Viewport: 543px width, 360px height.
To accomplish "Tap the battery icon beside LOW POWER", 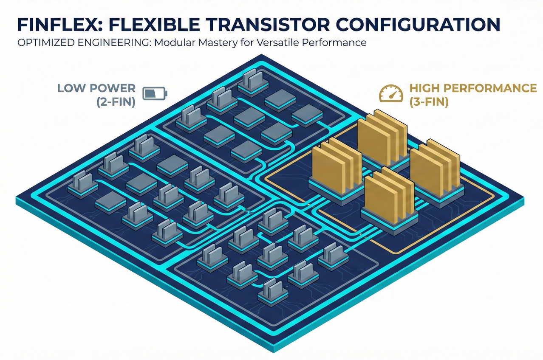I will coord(155,93).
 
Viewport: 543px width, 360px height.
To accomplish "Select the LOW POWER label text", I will coord(96,88).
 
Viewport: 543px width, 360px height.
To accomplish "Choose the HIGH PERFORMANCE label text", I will coord(473,88).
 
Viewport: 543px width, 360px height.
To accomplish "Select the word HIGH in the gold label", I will coord(423,88).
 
